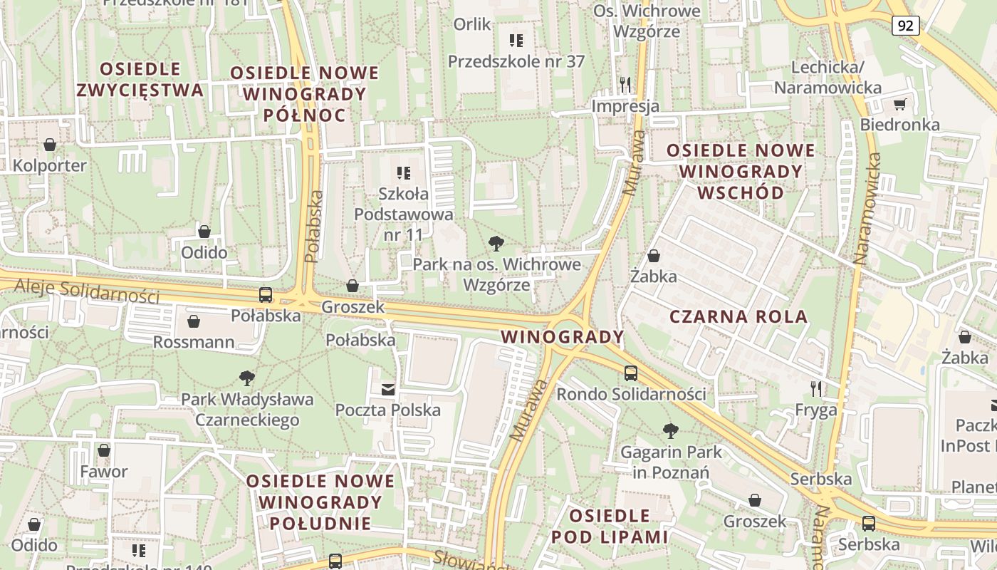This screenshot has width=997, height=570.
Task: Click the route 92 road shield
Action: pos(905,26)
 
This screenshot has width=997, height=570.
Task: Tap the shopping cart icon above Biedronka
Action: pos(899,105)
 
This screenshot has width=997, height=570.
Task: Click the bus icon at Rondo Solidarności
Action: pos(630,373)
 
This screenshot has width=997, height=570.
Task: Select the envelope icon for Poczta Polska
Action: pos(388,389)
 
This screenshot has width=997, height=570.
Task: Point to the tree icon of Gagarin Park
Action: pos(670,430)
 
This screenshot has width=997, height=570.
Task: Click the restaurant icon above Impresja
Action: pos(625,85)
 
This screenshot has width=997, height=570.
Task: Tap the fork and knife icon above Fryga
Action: pos(816,389)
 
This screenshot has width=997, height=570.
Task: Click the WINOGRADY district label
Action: pos(563,336)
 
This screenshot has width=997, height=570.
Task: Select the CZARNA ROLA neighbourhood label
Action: pos(738,317)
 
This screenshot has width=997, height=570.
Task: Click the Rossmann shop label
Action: pos(194,342)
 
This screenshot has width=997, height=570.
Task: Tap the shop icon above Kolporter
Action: pos(50,145)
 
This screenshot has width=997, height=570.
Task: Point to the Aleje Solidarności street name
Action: pos(85,289)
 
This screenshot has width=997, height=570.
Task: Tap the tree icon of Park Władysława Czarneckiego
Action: pos(247,378)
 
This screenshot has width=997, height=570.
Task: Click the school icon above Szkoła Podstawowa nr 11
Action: pos(404,173)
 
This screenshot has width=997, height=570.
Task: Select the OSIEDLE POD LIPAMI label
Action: pos(610,526)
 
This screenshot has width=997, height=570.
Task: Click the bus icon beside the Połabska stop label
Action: pos(266,295)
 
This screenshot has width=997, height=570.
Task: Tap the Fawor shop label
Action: pos(104,472)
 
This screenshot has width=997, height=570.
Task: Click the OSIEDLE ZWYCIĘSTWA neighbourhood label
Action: pos(140,80)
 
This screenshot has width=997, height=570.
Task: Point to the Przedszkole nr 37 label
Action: pos(516,61)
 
